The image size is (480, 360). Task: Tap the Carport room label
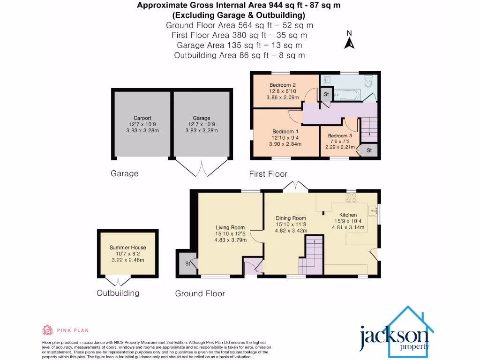[x=142, y=118]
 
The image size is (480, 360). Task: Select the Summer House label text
[x=127, y=247]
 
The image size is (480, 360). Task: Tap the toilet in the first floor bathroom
[x=369, y=82]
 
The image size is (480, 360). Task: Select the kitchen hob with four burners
[x=351, y=198]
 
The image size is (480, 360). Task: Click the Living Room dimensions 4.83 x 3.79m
[x=230, y=240]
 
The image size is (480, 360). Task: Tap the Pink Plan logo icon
[x=47, y=330]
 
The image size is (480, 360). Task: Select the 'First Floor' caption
[x=268, y=174]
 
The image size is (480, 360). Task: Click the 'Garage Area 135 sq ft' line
[x=240, y=45]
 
